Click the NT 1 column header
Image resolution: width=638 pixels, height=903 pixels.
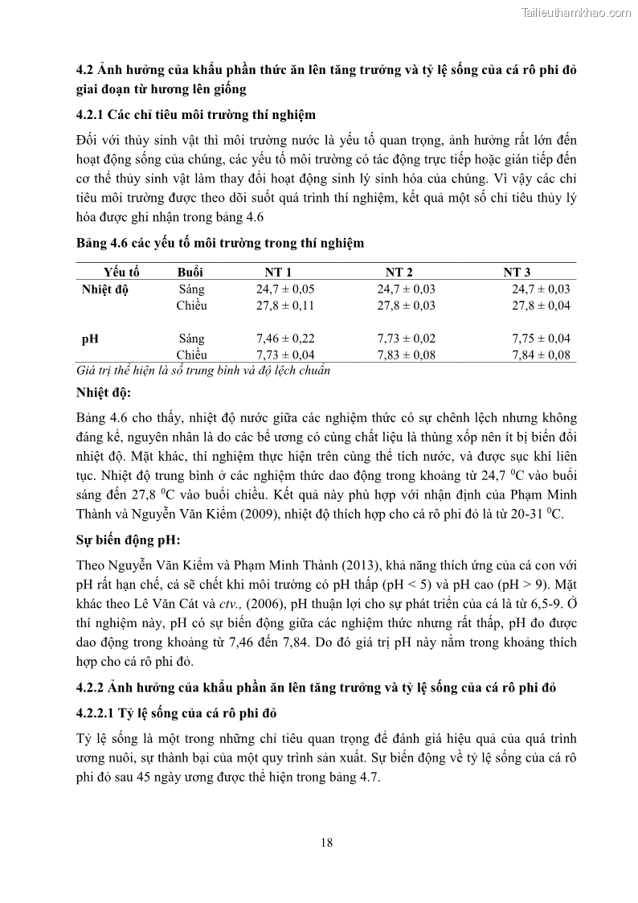point(278,273)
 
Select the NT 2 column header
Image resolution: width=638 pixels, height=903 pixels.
point(399,273)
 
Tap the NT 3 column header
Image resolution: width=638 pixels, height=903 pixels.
point(517,273)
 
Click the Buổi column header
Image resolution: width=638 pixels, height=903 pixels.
point(190,273)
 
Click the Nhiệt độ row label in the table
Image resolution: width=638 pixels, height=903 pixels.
point(105,289)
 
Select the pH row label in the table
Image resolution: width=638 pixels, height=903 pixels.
point(90,339)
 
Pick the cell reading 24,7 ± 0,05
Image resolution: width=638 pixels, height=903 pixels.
point(285,289)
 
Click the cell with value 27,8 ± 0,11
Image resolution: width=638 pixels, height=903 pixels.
point(285,306)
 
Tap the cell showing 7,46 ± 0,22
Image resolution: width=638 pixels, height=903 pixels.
point(285,339)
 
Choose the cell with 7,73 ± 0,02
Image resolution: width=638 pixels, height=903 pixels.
point(407,339)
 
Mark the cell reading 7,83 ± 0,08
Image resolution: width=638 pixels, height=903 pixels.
point(407,355)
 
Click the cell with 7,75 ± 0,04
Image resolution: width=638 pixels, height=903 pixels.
point(541,339)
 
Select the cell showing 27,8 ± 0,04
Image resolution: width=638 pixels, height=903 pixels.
point(541,306)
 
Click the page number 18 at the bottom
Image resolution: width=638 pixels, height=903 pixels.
point(326,843)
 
